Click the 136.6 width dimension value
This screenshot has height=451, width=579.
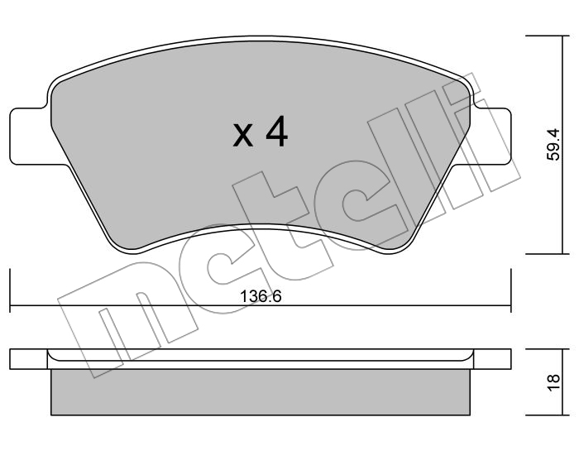click(x=261, y=296)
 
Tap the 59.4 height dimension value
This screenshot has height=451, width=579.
click(x=553, y=145)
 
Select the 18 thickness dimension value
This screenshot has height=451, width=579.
click(x=553, y=382)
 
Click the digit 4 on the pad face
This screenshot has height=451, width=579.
click(x=276, y=132)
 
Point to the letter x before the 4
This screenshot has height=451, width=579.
click(x=243, y=136)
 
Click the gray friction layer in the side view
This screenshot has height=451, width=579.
click(x=261, y=392)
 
